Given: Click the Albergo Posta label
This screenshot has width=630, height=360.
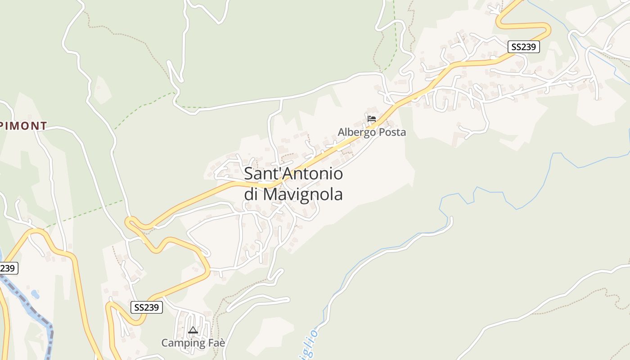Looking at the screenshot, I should coord(372,132).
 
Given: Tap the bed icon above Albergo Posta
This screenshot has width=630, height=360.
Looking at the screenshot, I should coord(372,119).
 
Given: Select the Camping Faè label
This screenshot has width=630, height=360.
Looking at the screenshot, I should coord(193,343).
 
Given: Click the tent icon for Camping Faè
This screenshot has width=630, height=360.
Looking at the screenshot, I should coord(193,330).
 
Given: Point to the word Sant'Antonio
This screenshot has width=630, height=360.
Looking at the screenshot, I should coord(293,174).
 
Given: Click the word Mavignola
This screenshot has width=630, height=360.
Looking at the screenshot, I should coord(303,194).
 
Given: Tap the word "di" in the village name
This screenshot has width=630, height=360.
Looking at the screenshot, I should coord(251,194).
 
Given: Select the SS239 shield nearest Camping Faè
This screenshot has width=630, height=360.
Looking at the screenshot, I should coord(147,307).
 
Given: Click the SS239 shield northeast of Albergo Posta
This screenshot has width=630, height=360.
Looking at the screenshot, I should coord(524,47).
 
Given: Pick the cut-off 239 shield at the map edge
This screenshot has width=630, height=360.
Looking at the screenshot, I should coord(8,268).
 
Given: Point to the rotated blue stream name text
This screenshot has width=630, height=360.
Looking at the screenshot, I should coord(311,344).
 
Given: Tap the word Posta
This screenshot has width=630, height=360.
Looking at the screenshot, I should coord(391,132).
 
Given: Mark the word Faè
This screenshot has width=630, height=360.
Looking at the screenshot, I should coord(215,343).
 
